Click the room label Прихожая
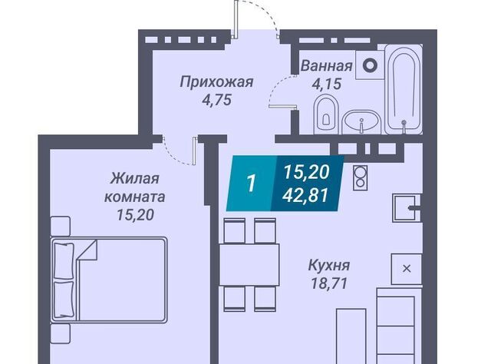pyautogui.click(x=216, y=82)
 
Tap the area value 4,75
pyautogui.click(x=216, y=100)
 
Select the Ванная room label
pyautogui.click(x=327, y=66)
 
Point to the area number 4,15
pyautogui.click(x=327, y=84)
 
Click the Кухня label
pyautogui.click(x=329, y=265)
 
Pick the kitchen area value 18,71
pyautogui.click(x=329, y=283)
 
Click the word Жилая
pyautogui.click(x=135, y=179)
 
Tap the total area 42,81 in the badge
pyautogui.click(x=305, y=195)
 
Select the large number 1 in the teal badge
pyautogui.click(x=251, y=183)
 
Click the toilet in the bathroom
pyautogui.click(x=326, y=114)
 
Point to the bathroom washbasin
pyautogui.click(x=361, y=122)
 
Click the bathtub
pyautogui.click(x=404, y=89)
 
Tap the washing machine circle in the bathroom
pyautogui.click(x=370, y=65)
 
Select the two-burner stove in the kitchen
pyautogui.click(x=361, y=177)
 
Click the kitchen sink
pyautogui.click(x=406, y=207)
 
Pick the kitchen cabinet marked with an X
pyautogui.click(x=407, y=269)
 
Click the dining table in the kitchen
pyautogui.click(x=249, y=265)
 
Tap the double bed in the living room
pyautogui.click(x=109, y=280)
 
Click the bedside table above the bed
pyautogui.click(x=60, y=226)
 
